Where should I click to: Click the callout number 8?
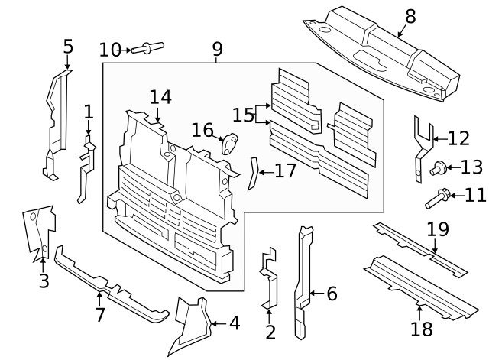coord(410,16)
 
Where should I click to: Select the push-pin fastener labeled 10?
coord(147,47)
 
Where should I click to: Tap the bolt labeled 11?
coord(438,199)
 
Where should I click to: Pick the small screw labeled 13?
coord(438,167)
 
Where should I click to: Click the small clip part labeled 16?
coord(229,144)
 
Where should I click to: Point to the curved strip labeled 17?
coord(253,174)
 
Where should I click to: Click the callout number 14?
coord(160,97)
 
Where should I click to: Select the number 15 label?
coord(243,115)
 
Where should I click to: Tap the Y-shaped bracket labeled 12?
coord(423,149)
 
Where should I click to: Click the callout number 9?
coord(218,49)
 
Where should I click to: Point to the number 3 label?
coord(44,281)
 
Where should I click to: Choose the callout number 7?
coord(100,315)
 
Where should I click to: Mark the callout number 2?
coord(270,332)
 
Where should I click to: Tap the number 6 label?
coord(332,294)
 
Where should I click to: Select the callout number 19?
coord(438,229)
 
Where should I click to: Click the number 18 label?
coord(422,329)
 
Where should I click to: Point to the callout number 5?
coord(68,47)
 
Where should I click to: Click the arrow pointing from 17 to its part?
coord(266,172)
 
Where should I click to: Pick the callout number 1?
coord(89,112)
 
